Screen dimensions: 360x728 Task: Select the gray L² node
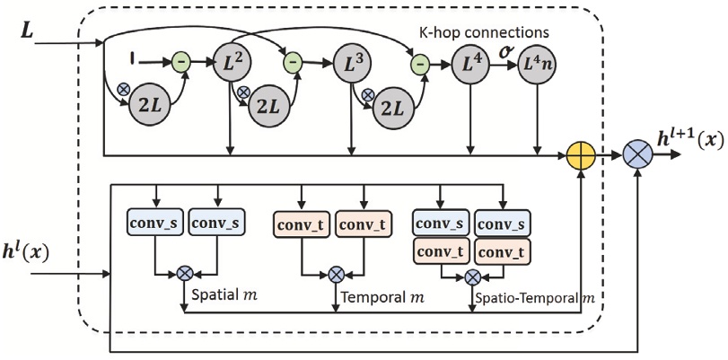(232, 65)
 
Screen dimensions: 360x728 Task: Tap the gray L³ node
(349, 65)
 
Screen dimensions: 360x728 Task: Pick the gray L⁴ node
(470, 65)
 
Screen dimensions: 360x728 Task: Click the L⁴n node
(538, 65)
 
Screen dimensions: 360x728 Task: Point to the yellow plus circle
(583, 154)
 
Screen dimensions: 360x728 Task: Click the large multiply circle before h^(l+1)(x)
(639, 154)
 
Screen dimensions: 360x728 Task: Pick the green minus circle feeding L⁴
(418, 64)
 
